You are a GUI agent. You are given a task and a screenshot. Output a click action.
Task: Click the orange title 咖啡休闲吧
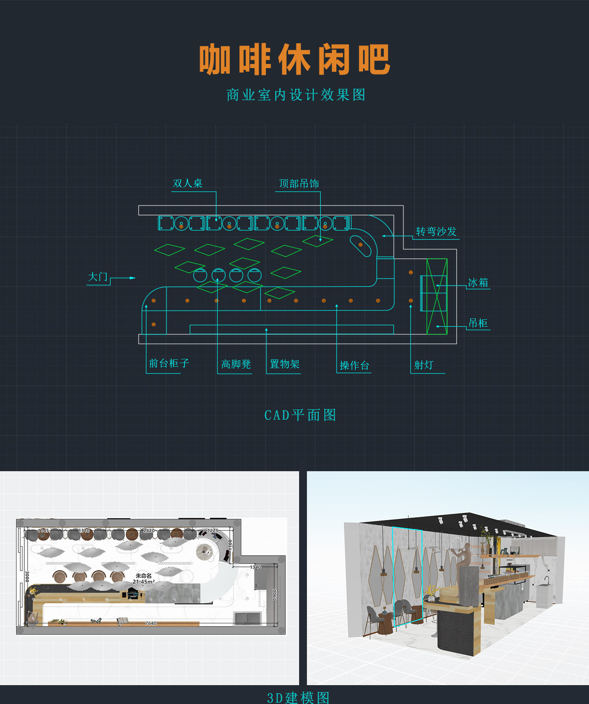tap(294, 59)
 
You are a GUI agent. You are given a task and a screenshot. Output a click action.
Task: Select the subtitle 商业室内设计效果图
tap(296, 95)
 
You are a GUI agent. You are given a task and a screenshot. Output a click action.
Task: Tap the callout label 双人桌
tap(187, 183)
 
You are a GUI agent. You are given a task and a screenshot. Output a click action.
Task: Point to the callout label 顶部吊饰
tap(299, 184)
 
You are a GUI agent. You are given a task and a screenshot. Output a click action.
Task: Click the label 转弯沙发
tap(436, 231)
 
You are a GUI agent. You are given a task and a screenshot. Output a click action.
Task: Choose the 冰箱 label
tap(478, 283)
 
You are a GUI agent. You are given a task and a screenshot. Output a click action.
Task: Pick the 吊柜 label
tap(478, 323)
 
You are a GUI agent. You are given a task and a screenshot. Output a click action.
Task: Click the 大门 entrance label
tap(98, 277)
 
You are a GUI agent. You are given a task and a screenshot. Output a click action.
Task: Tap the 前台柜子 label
tap(169, 364)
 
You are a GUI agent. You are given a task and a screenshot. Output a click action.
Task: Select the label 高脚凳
tap(236, 364)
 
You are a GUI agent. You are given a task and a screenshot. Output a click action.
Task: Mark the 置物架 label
tap(284, 364)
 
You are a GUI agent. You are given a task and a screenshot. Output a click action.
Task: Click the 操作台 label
tap(354, 366)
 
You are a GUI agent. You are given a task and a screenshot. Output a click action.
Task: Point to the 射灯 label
tap(423, 365)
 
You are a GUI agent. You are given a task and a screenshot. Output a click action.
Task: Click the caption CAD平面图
tap(300, 415)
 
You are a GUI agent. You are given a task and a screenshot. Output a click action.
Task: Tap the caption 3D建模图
tap(298, 697)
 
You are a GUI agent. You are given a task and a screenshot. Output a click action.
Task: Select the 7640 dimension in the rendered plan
tap(151, 623)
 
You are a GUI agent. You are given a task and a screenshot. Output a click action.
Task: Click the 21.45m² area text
tap(144, 582)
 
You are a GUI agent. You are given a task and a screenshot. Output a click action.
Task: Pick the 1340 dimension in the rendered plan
tap(255, 567)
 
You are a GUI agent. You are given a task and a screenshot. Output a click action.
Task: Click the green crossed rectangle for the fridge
tap(437, 296)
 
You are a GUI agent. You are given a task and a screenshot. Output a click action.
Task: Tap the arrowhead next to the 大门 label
tap(133, 278)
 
